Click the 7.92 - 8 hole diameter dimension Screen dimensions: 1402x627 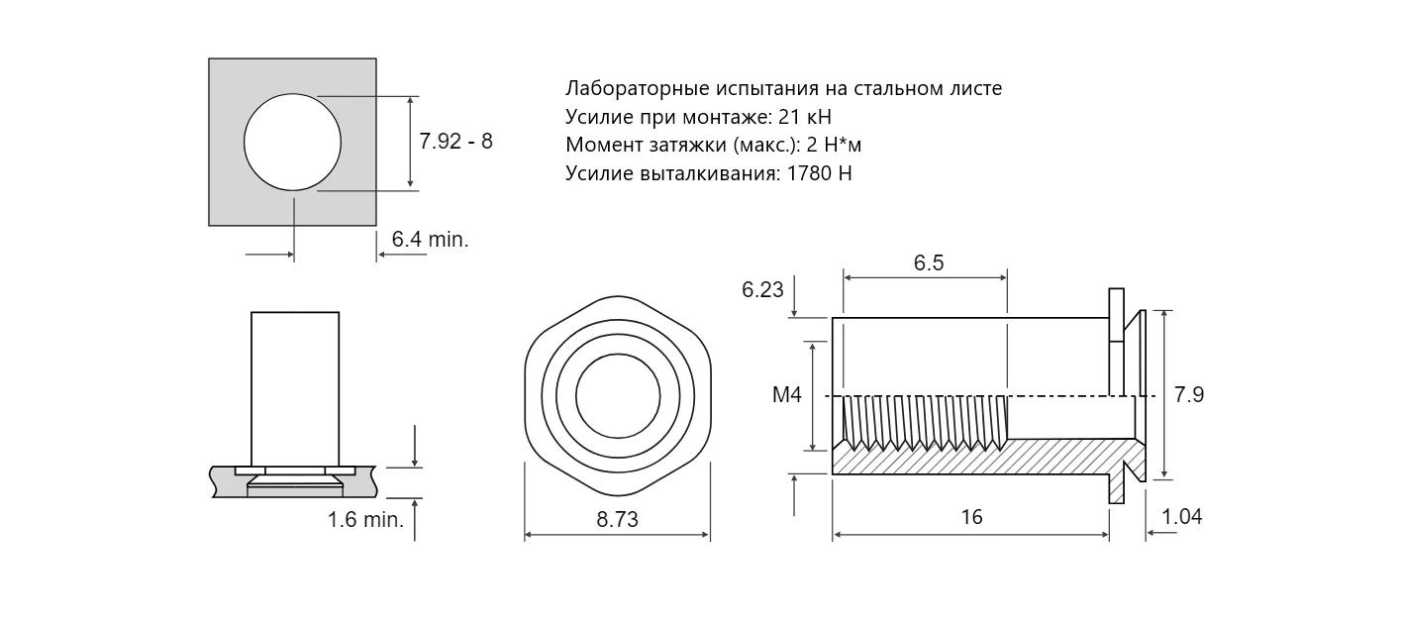click(x=455, y=142)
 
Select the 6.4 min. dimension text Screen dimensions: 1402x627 click(x=430, y=240)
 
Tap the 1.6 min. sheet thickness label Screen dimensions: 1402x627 click(x=365, y=519)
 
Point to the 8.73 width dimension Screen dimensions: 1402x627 click(x=617, y=519)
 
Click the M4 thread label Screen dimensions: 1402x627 click(x=787, y=394)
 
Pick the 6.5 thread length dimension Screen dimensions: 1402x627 click(x=928, y=263)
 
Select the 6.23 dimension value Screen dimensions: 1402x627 click(x=762, y=289)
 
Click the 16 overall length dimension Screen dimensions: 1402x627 click(x=971, y=517)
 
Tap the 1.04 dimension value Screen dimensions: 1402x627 click(x=1181, y=517)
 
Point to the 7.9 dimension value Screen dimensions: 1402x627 click(x=1188, y=394)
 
